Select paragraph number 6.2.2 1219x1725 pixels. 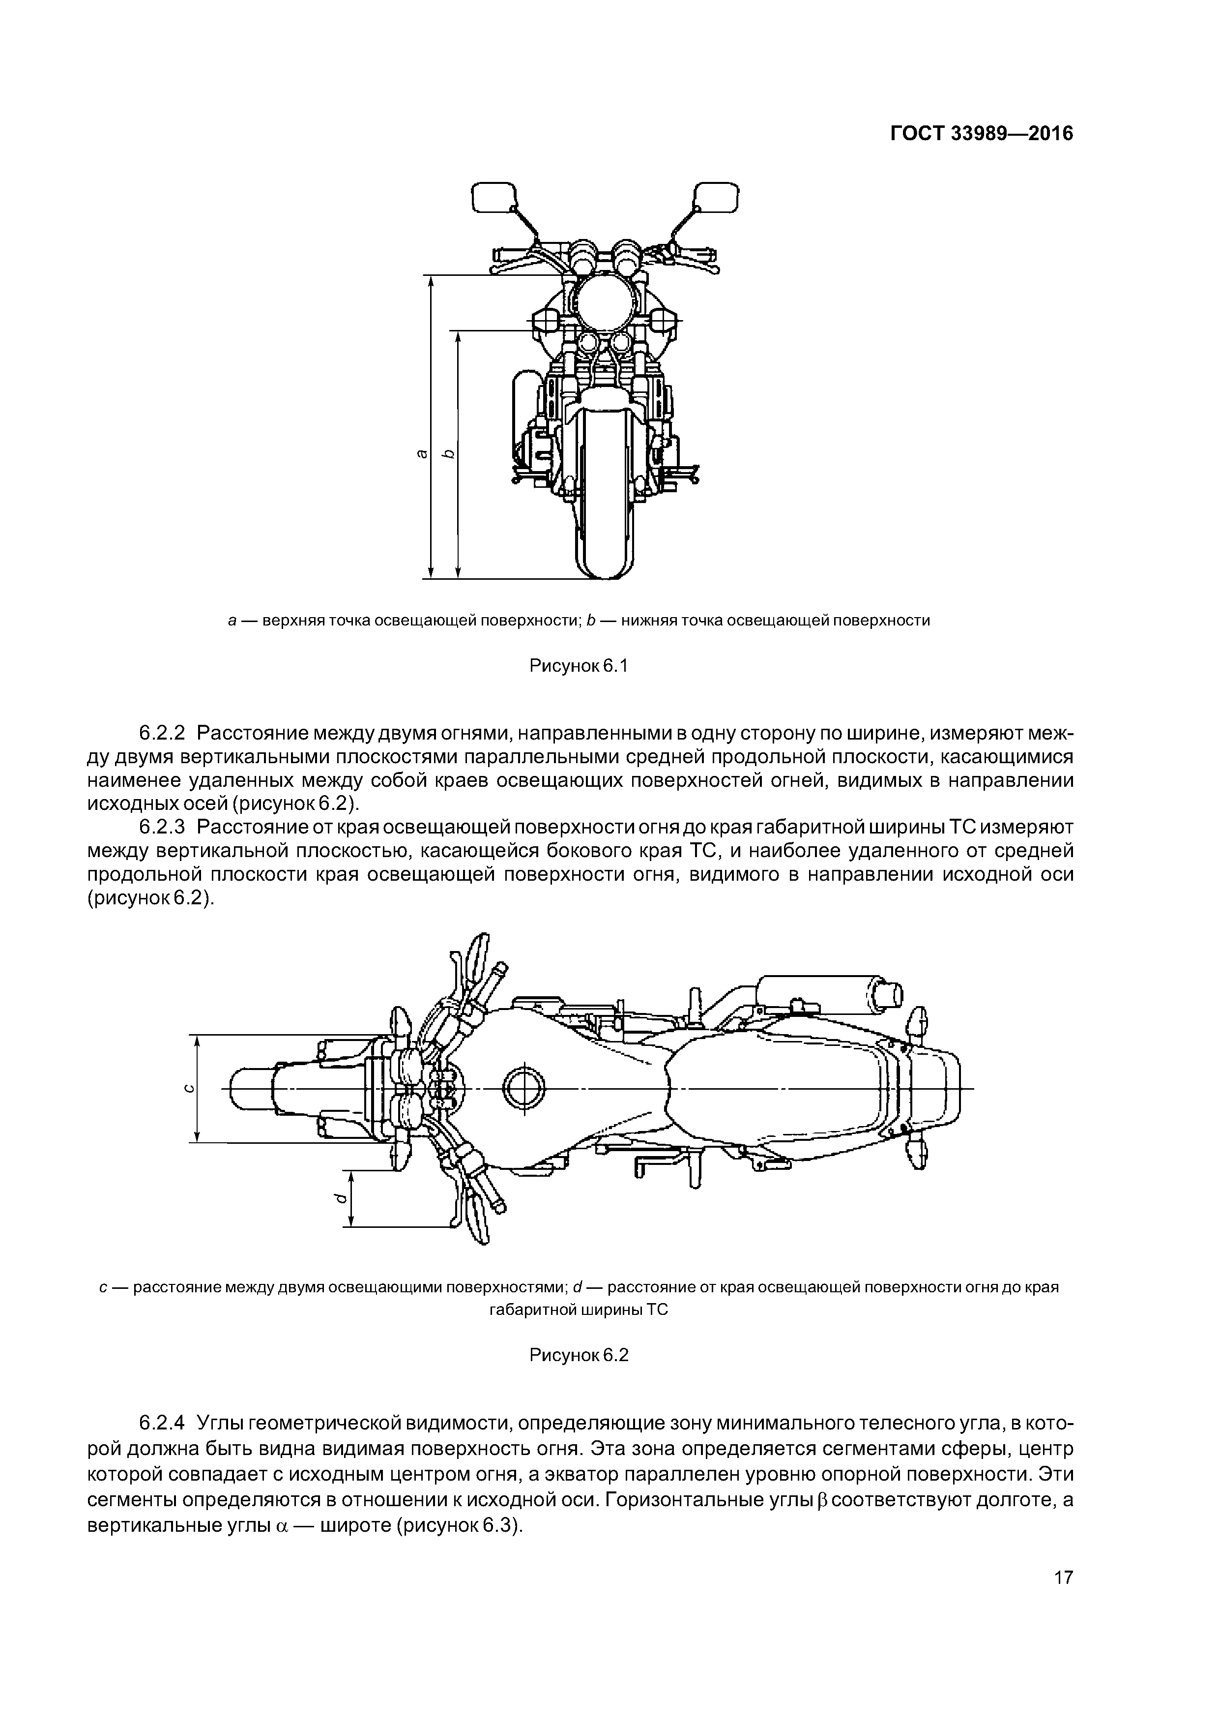tap(167, 732)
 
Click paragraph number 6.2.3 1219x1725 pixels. tap(167, 827)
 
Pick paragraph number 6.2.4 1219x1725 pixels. tap(167, 1423)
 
